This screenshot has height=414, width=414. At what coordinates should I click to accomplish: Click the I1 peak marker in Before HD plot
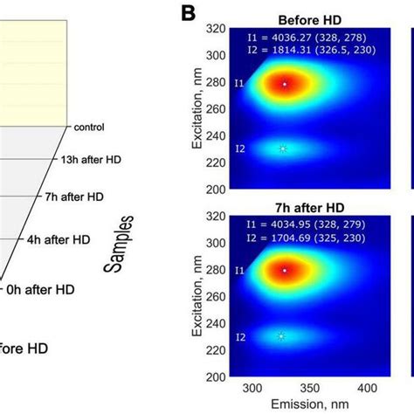tap(285, 84)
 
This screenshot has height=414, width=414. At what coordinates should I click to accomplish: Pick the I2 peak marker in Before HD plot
tap(283, 149)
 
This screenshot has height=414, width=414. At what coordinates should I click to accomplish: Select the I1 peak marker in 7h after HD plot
tap(285, 271)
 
